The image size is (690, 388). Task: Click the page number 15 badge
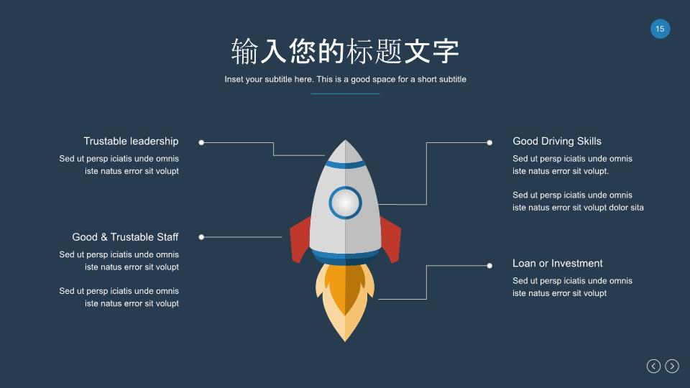(x=660, y=29)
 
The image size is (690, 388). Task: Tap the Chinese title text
(x=345, y=51)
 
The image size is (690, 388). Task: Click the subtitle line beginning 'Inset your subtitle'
(x=345, y=79)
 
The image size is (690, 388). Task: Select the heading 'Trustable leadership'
(x=131, y=142)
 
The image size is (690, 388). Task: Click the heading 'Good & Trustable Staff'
(x=125, y=237)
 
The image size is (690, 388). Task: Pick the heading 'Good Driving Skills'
(x=556, y=142)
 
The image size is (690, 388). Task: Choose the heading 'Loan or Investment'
(x=558, y=263)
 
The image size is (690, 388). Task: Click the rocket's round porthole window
(x=345, y=203)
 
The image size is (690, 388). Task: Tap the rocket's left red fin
(x=301, y=239)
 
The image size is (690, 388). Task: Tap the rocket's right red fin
(x=390, y=239)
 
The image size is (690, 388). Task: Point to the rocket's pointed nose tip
(x=346, y=140)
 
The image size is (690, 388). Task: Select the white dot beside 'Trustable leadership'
(x=201, y=142)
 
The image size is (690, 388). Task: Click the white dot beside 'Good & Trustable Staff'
(x=201, y=237)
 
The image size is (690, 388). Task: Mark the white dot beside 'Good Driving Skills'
(x=489, y=142)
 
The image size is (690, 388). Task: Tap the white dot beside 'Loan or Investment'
(x=489, y=266)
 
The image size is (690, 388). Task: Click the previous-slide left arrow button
(x=653, y=366)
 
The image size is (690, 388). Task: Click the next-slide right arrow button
(x=672, y=366)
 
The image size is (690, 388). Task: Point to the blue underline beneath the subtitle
(x=345, y=93)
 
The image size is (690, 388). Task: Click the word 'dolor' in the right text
(x=618, y=207)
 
